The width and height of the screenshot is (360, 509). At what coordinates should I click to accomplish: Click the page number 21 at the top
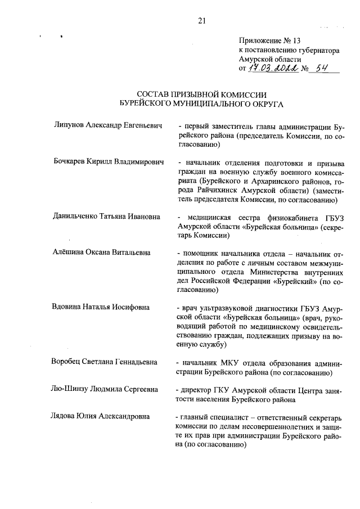pos(202,21)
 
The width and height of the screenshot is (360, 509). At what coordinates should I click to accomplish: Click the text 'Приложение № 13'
pos(270,41)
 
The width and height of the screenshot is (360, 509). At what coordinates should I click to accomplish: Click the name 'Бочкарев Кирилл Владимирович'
pos(107,163)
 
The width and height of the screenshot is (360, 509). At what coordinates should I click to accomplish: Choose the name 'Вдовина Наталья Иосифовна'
pos(101,307)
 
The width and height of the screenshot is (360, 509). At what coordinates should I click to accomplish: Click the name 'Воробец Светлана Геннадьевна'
pos(104,362)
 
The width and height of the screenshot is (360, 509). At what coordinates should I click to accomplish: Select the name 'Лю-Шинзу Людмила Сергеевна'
pos(104,389)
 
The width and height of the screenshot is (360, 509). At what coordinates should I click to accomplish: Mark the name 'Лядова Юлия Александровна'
pos(101,416)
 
